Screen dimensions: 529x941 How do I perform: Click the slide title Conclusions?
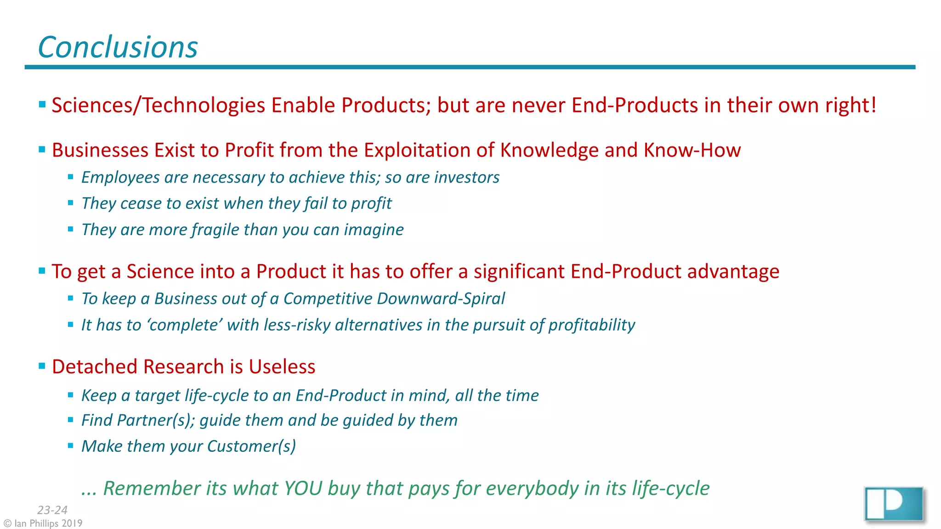pyautogui.click(x=118, y=47)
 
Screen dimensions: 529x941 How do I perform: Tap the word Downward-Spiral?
pyautogui.click(x=441, y=298)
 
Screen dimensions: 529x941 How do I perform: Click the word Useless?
pyautogui.click(x=282, y=366)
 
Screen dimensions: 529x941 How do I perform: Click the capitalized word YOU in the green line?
pyautogui.click(x=303, y=488)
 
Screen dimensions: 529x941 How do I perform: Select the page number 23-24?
pyautogui.click(x=52, y=510)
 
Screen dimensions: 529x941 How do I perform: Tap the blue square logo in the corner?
pyautogui.click(x=894, y=504)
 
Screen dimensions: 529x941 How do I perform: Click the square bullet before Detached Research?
pyautogui.click(x=42, y=366)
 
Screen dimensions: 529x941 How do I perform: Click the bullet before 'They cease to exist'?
pyautogui.click(x=71, y=203)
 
